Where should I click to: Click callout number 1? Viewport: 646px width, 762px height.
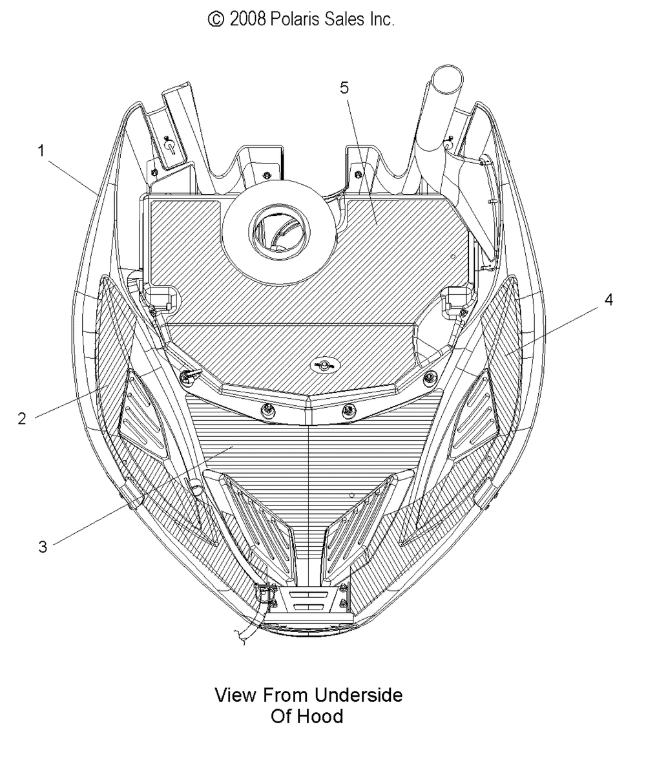(x=41, y=151)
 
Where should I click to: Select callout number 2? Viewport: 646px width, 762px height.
(x=21, y=418)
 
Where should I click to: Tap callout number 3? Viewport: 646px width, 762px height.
(x=43, y=547)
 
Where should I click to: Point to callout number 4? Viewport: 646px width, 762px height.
(x=609, y=300)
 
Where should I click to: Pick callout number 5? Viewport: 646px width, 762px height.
(x=344, y=88)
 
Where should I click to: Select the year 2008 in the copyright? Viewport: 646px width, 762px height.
(x=247, y=19)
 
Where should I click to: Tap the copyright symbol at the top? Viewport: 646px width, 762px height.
(x=216, y=19)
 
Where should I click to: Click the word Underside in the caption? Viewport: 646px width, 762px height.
(x=358, y=695)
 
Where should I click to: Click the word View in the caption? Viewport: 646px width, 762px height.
(x=236, y=695)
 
